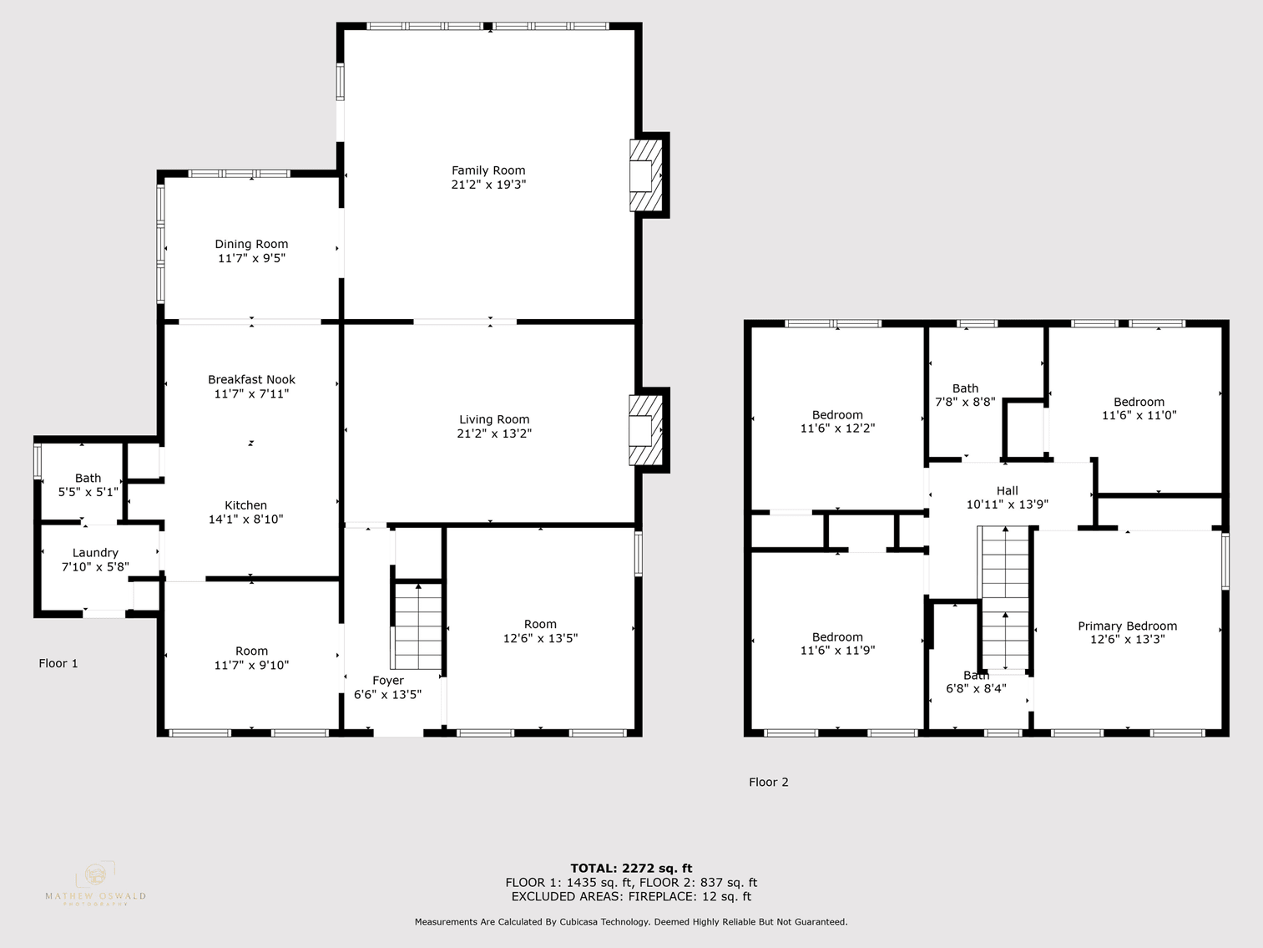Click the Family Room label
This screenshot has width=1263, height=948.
tap(488, 170)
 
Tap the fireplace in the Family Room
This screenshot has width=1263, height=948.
tap(644, 175)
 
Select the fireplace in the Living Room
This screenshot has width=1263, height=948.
tap(644, 430)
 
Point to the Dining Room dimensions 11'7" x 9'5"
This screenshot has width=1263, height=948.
tap(251, 258)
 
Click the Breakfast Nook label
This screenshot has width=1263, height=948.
tap(251, 379)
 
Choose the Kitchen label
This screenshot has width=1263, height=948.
tap(245, 505)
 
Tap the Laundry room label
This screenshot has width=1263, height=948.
tap(95, 553)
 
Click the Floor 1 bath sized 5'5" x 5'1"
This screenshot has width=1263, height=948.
tap(88, 485)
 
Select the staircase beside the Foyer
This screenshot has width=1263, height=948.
tap(417, 626)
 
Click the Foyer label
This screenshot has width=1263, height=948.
tap(387, 681)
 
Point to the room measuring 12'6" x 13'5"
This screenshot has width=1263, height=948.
tap(540, 631)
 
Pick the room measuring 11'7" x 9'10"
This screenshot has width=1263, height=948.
tap(251, 658)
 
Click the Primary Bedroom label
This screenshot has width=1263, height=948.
tap(1127, 626)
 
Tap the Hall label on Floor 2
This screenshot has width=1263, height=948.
tap(1007, 491)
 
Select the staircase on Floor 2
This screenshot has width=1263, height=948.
tap(1004, 597)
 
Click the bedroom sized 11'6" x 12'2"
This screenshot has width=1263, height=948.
tap(837, 421)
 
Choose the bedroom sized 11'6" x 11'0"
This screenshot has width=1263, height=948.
tap(1139, 408)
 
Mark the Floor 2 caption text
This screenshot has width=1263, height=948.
tap(768, 782)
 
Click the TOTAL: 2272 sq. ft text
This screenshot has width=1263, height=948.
tap(631, 868)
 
